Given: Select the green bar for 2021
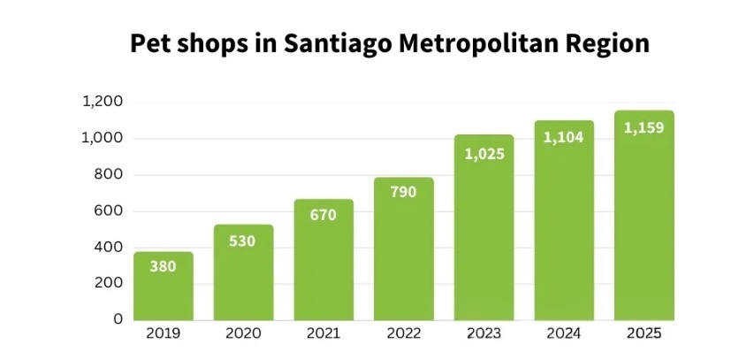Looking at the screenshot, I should [324, 260].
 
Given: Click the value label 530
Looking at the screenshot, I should [243, 241].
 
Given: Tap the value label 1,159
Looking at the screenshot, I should [644, 128].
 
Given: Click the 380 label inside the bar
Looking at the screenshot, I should [164, 265].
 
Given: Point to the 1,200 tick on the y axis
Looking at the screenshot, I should [102, 102].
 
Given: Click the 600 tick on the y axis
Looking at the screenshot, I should [109, 211].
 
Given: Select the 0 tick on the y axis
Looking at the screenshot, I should [118, 319].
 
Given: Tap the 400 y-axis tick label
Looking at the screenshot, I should [109, 247].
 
